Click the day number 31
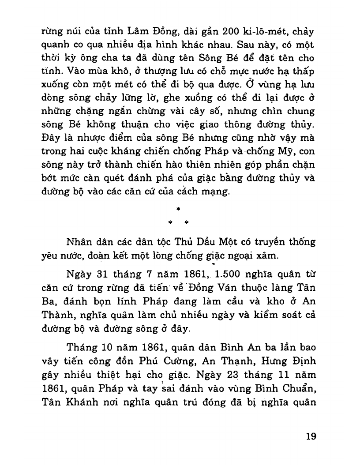click(102, 275)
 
